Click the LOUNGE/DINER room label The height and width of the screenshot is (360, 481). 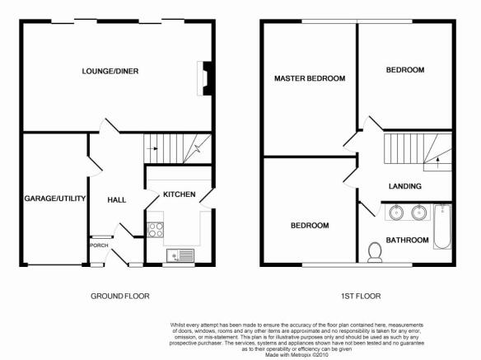(110, 71)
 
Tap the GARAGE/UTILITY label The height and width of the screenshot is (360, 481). (55, 199)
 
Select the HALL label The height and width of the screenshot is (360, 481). (117, 200)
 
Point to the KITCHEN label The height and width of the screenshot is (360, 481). (180, 194)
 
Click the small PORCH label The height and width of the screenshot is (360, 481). (99, 245)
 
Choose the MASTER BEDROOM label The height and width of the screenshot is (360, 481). (310, 78)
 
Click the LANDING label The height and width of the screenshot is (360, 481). (405, 186)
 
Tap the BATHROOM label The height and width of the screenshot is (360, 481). (407, 240)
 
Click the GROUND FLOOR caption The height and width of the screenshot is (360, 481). (120, 297)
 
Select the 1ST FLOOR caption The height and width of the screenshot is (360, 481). (361, 297)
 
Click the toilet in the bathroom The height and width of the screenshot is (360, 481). (375, 252)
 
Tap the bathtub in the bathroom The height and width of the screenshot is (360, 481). (442, 227)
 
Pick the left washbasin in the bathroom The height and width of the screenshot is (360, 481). (396, 213)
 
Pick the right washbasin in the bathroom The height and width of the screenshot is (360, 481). (419, 213)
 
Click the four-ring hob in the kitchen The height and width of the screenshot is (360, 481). (156, 230)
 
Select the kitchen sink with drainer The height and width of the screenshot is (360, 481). (180, 255)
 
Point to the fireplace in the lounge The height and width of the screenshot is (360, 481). (204, 78)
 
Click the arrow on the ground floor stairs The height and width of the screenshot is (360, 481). (152, 149)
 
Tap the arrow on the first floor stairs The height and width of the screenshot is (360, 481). (437, 162)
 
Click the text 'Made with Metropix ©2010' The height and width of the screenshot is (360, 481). (297, 355)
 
